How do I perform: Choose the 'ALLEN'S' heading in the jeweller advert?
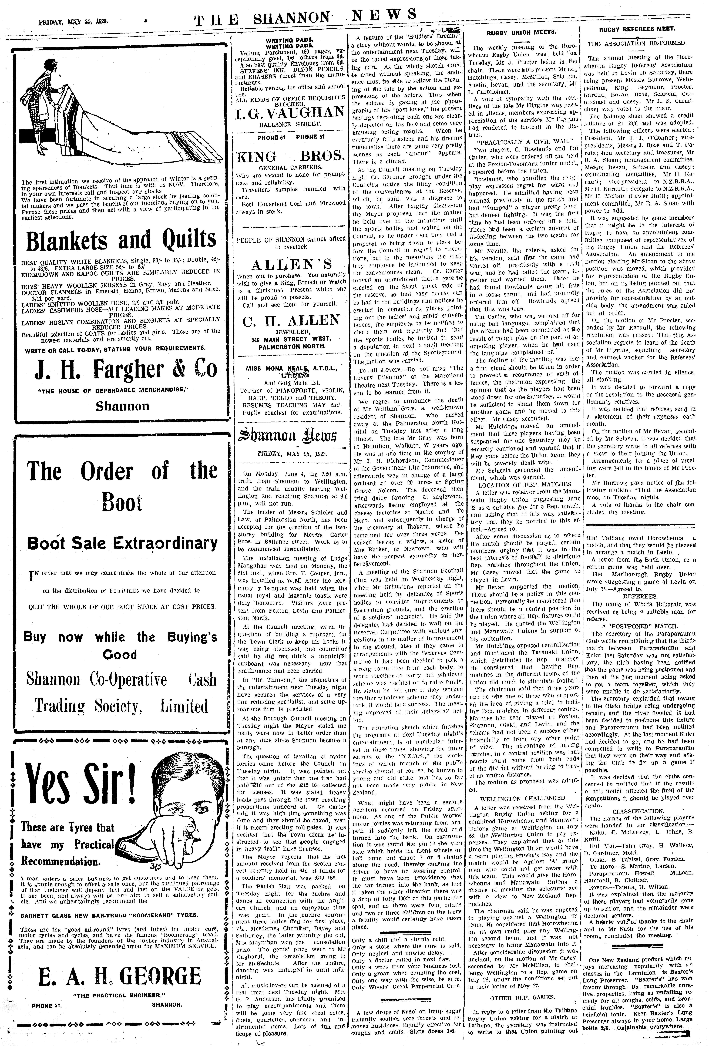click(291, 263)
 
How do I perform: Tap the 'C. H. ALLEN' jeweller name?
click(291, 320)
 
